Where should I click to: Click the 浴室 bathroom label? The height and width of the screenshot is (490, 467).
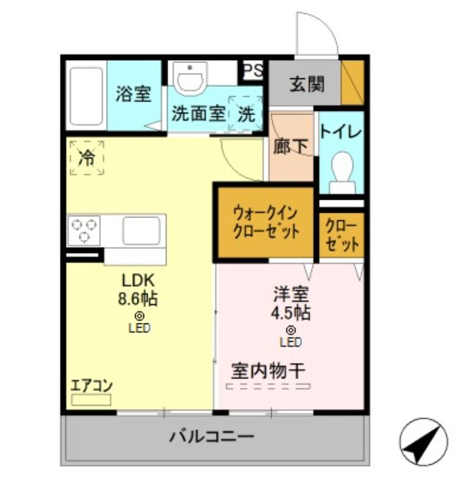[x=133, y=94]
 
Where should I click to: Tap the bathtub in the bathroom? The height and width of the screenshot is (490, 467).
[x=86, y=96]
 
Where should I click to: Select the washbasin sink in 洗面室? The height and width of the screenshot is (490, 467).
[x=190, y=78]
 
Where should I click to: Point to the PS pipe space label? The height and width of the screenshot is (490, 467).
[x=253, y=70]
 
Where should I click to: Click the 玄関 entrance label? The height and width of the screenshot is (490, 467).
[x=307, y=84]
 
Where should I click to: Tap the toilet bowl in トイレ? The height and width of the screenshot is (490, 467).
[x=342, y=173]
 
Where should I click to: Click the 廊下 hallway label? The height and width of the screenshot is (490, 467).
[x=291, y=146]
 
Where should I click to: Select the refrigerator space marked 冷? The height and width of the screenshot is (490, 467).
[x=87, y=158]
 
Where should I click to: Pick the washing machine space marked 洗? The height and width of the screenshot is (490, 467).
[x=245, y=113]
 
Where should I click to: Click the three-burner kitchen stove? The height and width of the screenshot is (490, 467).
[x=84, y=231]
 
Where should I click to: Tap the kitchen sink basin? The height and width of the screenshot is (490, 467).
[x=141, y=231]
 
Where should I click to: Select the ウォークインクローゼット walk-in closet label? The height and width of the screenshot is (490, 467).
[x=266, y=223]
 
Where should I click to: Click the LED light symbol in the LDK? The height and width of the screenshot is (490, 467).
[x=140, y=316]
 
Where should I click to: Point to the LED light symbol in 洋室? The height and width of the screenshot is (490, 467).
[x=291, y=330]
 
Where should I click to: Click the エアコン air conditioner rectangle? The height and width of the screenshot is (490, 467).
[x=91, y=400]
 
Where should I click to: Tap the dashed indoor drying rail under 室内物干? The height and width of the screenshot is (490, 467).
[x=268, y=386]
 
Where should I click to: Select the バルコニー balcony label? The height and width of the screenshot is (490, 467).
[x=212, y=436]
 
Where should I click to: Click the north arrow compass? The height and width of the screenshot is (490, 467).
[x=424, y=442]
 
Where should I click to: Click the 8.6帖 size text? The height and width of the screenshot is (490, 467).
[x=138, y=298]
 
